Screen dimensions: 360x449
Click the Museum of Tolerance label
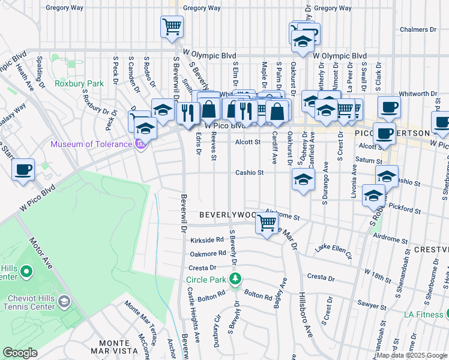pyautogui.click(x=91, y=144)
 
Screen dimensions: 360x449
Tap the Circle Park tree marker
pyautogui.click(x=236, y=278)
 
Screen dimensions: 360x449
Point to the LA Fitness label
pyautogui.click(x=423, y=314)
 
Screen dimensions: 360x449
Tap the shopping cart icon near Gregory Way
pyautogui.click(x=172, y=26)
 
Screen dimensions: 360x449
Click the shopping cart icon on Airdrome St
pyautogui.click(x=267, y=224)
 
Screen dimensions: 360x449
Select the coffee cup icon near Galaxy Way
pyautogui.click(x=23, y=170)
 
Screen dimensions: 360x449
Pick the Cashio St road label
pyautogui.click(x=250, y=172)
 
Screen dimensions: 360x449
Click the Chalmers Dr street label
pyautogui.click(x=418, y=29)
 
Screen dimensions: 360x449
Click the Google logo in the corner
pyautogui.click(x=20, y=353)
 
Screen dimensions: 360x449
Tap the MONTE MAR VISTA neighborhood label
pyautogui.click(x=115, y=346)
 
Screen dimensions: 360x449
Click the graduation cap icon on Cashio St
pyautogui.click(x=303, y=179)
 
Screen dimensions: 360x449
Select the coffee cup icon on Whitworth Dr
pyautogui.click(x=389, y=107)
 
